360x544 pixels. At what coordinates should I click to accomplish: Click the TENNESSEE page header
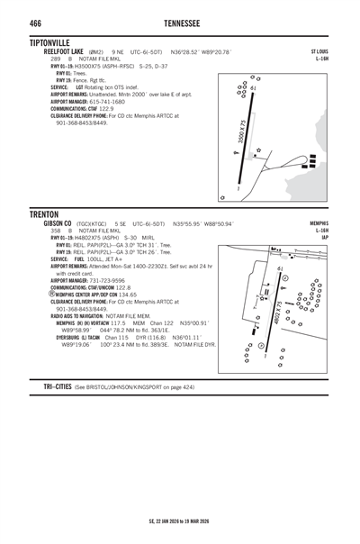179,20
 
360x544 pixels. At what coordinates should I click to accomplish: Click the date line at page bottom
179,520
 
